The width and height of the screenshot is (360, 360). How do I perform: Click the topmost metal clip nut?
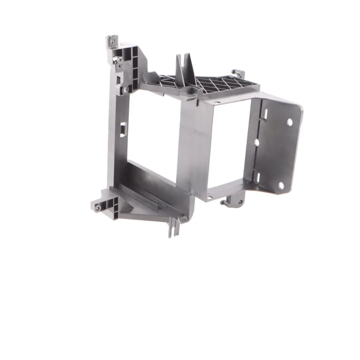113,41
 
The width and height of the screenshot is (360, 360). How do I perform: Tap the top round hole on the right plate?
289,122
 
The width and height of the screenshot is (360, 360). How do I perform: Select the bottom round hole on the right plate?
281,185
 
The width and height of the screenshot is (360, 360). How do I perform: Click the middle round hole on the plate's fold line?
257,142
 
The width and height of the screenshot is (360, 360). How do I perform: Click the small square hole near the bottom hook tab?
209,197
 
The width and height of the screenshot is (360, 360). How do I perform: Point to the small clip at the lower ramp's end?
183,218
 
